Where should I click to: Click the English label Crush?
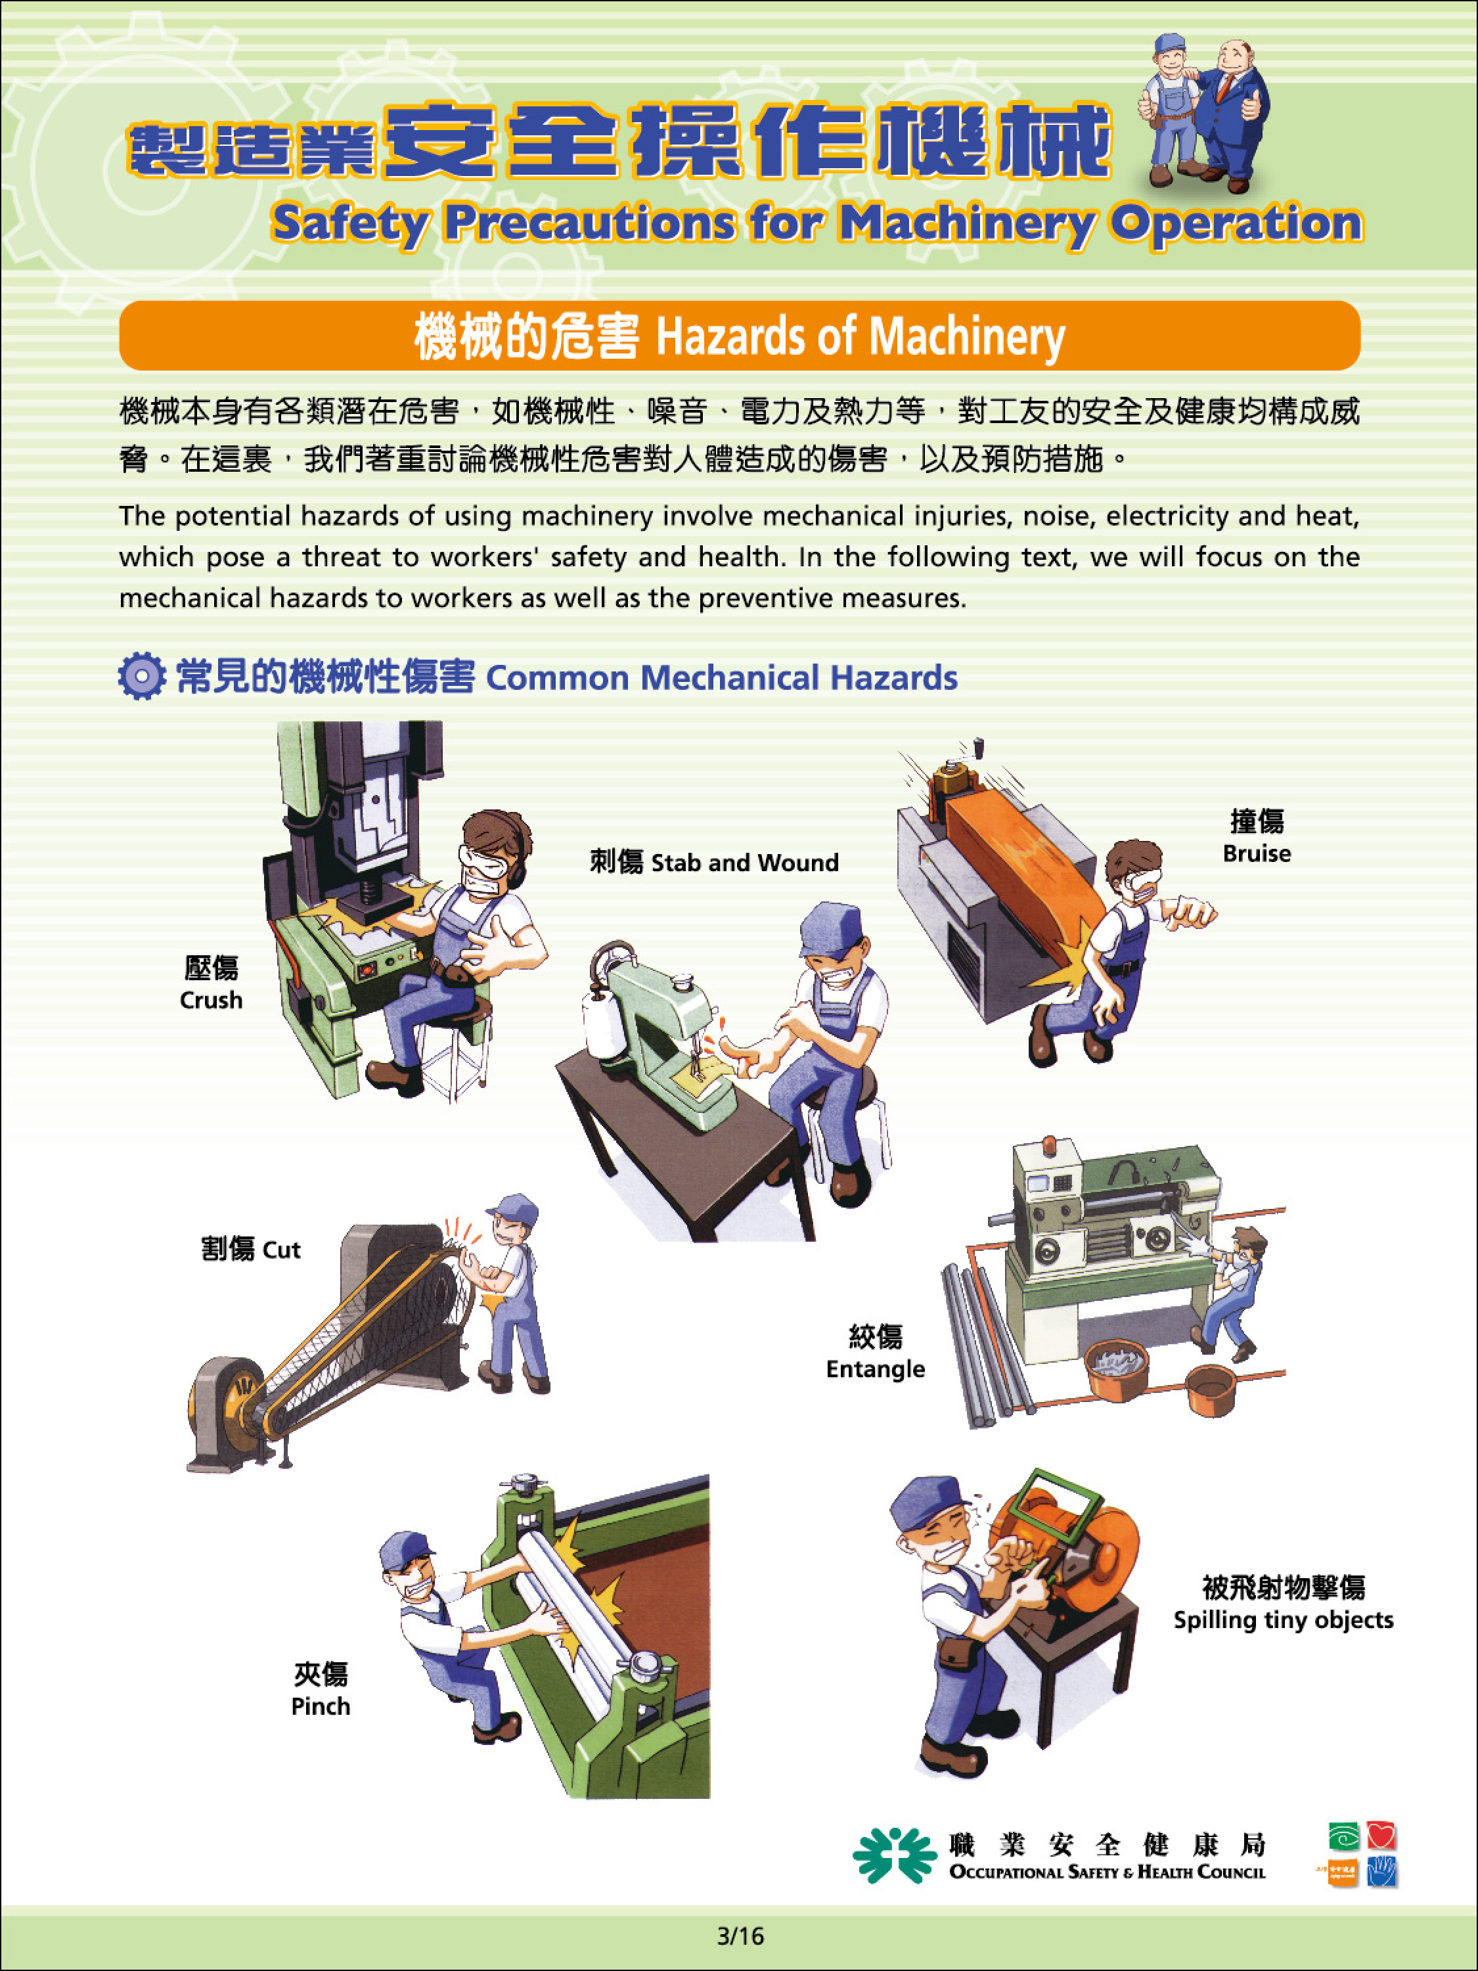[x=211, y=1001]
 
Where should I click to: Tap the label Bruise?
[x=1256, y=853]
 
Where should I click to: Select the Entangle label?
[x=875, y=1370]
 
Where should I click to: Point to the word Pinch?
[x=321, y=1706]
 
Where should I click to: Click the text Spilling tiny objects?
[x=1283, y=1620]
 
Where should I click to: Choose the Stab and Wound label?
[x=745, y=863]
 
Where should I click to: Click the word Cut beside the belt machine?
[x=282, y=1250]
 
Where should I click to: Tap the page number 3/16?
[x=740, y=1936]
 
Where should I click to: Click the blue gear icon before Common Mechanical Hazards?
[x=142, y=676]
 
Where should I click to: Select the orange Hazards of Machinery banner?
[x=740, y=335]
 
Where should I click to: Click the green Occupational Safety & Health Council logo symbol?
[x=893, y=1857]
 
